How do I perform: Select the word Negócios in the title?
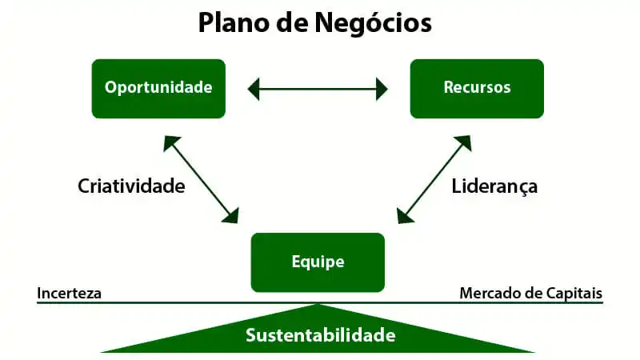(376, 22)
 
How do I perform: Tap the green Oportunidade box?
(159, 88)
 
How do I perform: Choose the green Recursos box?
(477, 88)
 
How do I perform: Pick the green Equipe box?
(318, 262)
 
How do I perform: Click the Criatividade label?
(131, 186)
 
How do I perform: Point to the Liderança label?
(494, 186)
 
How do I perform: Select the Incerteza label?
(69, 293)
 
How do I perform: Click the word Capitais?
(574, 293)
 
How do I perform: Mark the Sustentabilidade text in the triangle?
(320, 334)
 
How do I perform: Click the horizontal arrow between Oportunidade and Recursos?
(318, 88)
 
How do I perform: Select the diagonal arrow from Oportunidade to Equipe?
(201, 178)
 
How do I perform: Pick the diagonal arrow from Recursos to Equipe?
(434, 178)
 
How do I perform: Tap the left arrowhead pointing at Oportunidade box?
(254, 88)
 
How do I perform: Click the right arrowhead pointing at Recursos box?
(382, 88)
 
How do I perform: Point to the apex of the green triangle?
(319, 305)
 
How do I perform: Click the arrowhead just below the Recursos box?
(463, 142)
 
